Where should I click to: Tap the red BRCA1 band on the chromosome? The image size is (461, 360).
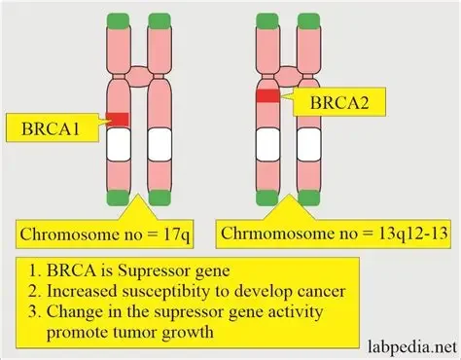pyautogui.click(x=118, y=119)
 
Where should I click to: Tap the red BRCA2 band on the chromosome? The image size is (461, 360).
pyautogui.click(x=267, y=95)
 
